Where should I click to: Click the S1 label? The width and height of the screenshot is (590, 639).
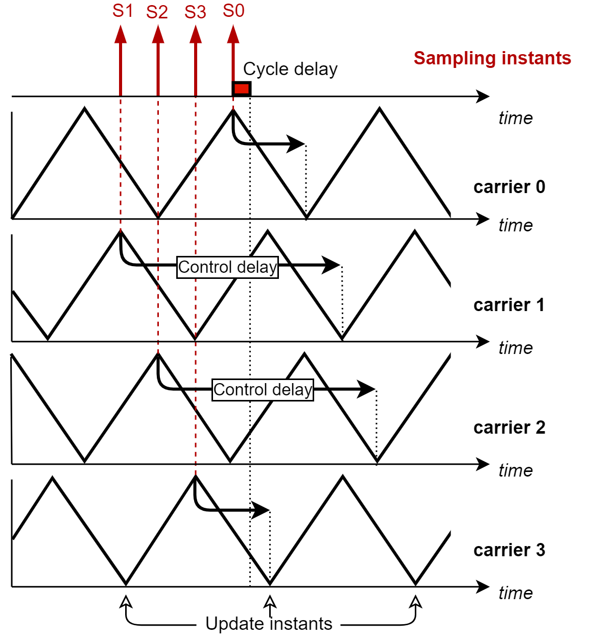point(123,11)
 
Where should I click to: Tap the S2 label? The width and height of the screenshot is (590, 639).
point(157,12)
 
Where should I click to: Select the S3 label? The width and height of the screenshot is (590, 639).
point(195,12)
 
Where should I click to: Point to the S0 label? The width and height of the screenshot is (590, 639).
point(233,11)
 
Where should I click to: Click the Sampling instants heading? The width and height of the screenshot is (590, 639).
point(492,58)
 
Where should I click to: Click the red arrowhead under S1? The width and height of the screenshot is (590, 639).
point(121,34)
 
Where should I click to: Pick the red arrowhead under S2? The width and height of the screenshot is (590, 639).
point(158,34)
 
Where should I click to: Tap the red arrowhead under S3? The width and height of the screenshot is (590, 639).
point(196,34)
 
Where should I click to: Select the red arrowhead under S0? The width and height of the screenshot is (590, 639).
point(233,34)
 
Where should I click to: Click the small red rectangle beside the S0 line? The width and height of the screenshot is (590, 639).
point(242,89)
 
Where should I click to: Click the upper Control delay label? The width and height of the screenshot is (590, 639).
point(227,267)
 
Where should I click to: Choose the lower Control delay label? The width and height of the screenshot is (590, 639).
point(263,390)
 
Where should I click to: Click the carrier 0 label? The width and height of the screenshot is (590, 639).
point(509,187)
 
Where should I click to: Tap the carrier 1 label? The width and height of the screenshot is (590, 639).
point(509,305)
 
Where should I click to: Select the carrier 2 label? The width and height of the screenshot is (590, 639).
point(509,428)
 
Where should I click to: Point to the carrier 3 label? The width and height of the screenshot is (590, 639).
point(509,550)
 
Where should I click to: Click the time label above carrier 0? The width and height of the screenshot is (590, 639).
point(515,118)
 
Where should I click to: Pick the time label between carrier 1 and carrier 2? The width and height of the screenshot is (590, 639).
point(515,348)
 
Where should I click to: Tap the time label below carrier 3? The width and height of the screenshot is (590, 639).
point(515,593)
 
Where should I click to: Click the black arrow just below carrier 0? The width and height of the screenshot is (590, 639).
point(470,219)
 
